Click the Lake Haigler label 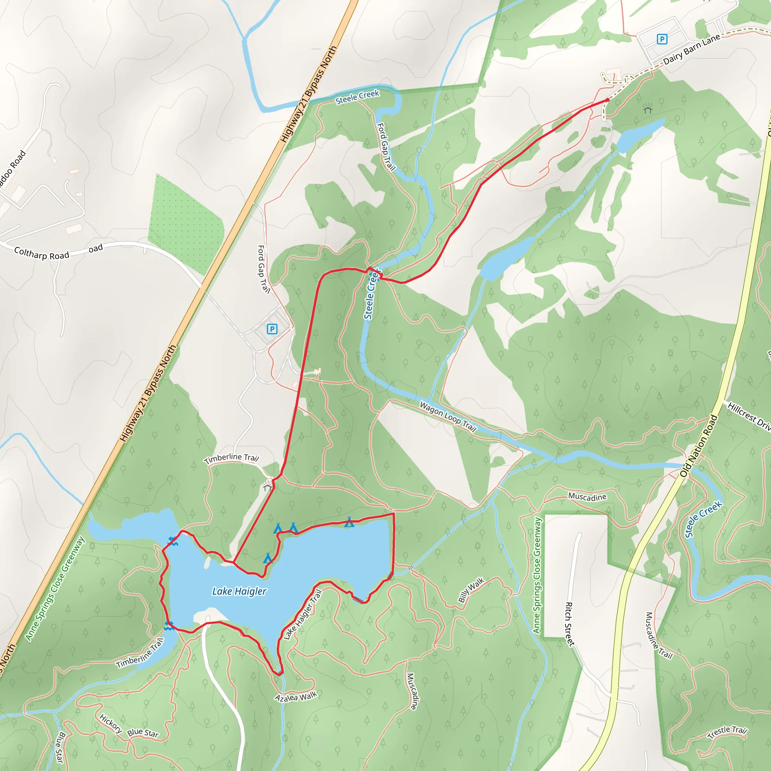239,591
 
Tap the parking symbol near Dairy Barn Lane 662,39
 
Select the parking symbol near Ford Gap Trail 272,329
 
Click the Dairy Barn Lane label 692,49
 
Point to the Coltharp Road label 41,253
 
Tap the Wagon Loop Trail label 448,417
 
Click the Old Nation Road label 698,446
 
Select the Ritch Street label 570,624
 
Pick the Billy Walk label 471,590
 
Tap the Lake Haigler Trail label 303,615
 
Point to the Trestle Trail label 727,732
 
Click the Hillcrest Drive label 749,417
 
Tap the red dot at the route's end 607,100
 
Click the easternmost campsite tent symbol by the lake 349,522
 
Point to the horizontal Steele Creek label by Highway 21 357,97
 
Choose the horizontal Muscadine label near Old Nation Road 587,497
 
